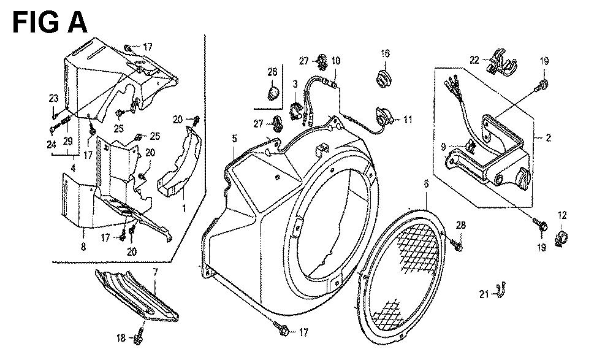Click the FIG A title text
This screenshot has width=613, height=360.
pos(50,23)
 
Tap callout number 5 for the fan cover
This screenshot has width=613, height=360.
pos(234,138)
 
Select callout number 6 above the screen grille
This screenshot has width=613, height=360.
pos(426,184)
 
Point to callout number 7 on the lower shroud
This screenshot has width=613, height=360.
pos(155,272)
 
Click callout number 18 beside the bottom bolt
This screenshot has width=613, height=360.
pos(121,337)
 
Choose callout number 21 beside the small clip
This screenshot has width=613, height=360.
pos(484,294)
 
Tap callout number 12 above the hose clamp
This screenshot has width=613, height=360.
pos(562,215)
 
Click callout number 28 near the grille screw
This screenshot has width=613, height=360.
pos(462,225)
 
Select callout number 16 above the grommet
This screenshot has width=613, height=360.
pos(385,53)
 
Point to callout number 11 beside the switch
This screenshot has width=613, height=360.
pos(408,120)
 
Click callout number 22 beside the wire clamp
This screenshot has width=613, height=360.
pos(474,60)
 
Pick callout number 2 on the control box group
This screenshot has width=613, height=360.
pos(548,138)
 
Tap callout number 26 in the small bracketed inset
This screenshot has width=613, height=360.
pos(273,72)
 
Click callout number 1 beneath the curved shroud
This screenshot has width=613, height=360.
pos(184,208)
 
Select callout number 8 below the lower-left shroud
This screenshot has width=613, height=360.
pos(83,247)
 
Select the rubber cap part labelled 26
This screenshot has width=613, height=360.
pos(273,93)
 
